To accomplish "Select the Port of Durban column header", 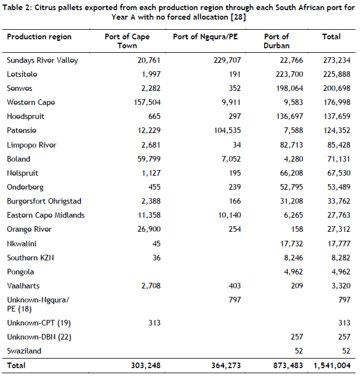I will pos(276,41).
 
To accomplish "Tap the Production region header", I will pos(39,37).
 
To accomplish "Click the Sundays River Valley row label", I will pos(42,60).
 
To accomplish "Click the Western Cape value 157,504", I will pos(144,103).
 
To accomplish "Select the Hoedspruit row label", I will pos(25,117).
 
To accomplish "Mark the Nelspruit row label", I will pos(22,173).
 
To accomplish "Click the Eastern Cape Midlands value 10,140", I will pos(227,215).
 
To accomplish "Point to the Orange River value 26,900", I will pos(147,229).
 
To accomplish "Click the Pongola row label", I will pos(20,272).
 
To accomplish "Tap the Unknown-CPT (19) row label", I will pos(39,323).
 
